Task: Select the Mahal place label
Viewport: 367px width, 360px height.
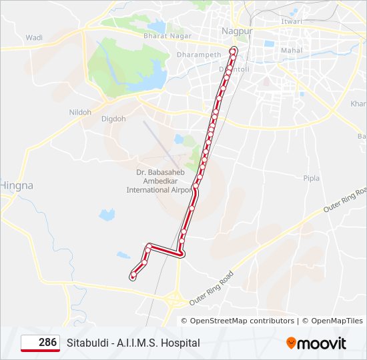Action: point(292,50)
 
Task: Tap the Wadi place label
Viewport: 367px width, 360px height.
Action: point(34,38)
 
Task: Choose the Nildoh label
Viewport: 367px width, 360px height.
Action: point(80,112)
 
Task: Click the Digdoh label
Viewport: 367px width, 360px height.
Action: point(113,119)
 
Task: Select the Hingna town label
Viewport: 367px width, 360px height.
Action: point(17,185)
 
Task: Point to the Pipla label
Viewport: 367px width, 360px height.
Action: point(311,178)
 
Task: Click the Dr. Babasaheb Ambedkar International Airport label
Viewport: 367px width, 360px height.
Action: point(159,181)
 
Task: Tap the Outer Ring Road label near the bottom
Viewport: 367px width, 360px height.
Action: point(212,288)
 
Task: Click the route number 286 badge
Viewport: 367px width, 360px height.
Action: point(40,343)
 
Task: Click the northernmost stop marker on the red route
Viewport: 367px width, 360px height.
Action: point(234,50)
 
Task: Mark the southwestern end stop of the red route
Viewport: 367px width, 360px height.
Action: point(134,275)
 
